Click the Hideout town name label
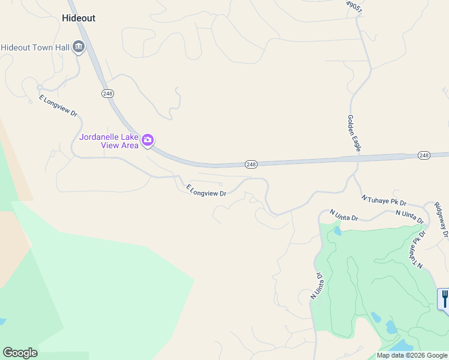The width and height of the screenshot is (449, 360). (79, 18)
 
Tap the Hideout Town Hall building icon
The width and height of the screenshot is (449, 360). (79, 47)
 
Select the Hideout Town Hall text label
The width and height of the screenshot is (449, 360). (35, 47)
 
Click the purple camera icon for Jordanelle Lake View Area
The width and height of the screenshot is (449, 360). (148, 141)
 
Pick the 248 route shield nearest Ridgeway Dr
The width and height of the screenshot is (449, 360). (424, 155)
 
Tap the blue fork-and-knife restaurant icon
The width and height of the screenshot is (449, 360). (444, 298)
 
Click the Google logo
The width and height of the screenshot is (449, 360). (20, 353)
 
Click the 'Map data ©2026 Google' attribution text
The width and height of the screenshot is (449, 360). (412, 355)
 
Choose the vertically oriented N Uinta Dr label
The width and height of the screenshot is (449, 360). (317, 286)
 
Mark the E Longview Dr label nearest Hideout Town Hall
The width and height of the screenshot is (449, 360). (58, 106)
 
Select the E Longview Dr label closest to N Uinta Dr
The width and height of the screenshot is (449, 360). (206, 191)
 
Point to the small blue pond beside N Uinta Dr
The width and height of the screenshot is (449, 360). (337, 230)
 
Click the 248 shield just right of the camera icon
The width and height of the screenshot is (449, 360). (251, 164)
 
